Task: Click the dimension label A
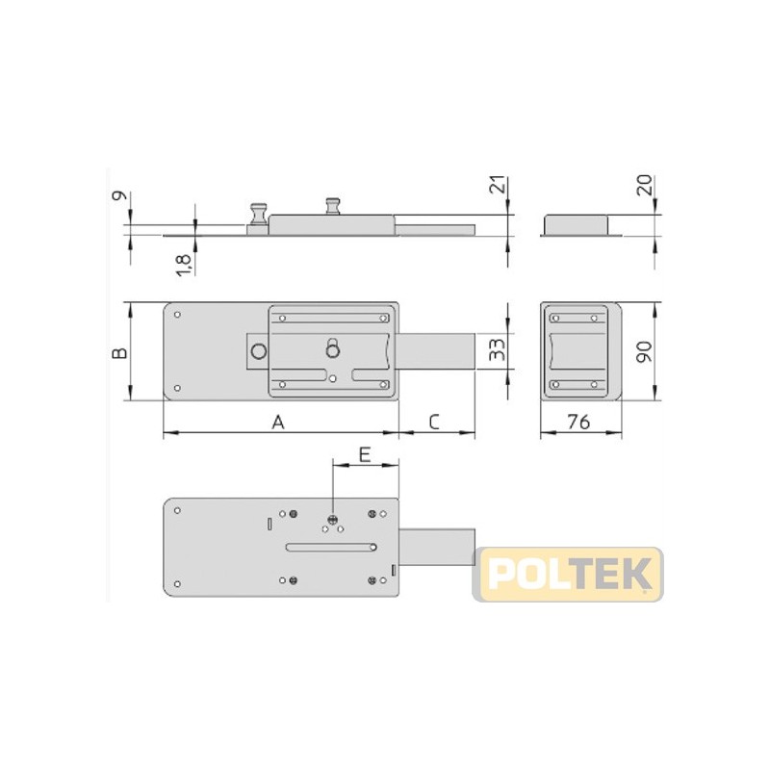pos(278,422)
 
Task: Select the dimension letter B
pos(120,352)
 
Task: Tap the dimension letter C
pos(434,422)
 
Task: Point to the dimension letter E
pos(365,454)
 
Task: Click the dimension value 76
pos(578,422)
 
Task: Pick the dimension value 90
pos(644,351)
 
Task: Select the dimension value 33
pos(497,349)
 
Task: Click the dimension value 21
pos(498,185)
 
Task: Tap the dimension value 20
pos(644,185)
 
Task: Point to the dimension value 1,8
pos(184,266)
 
